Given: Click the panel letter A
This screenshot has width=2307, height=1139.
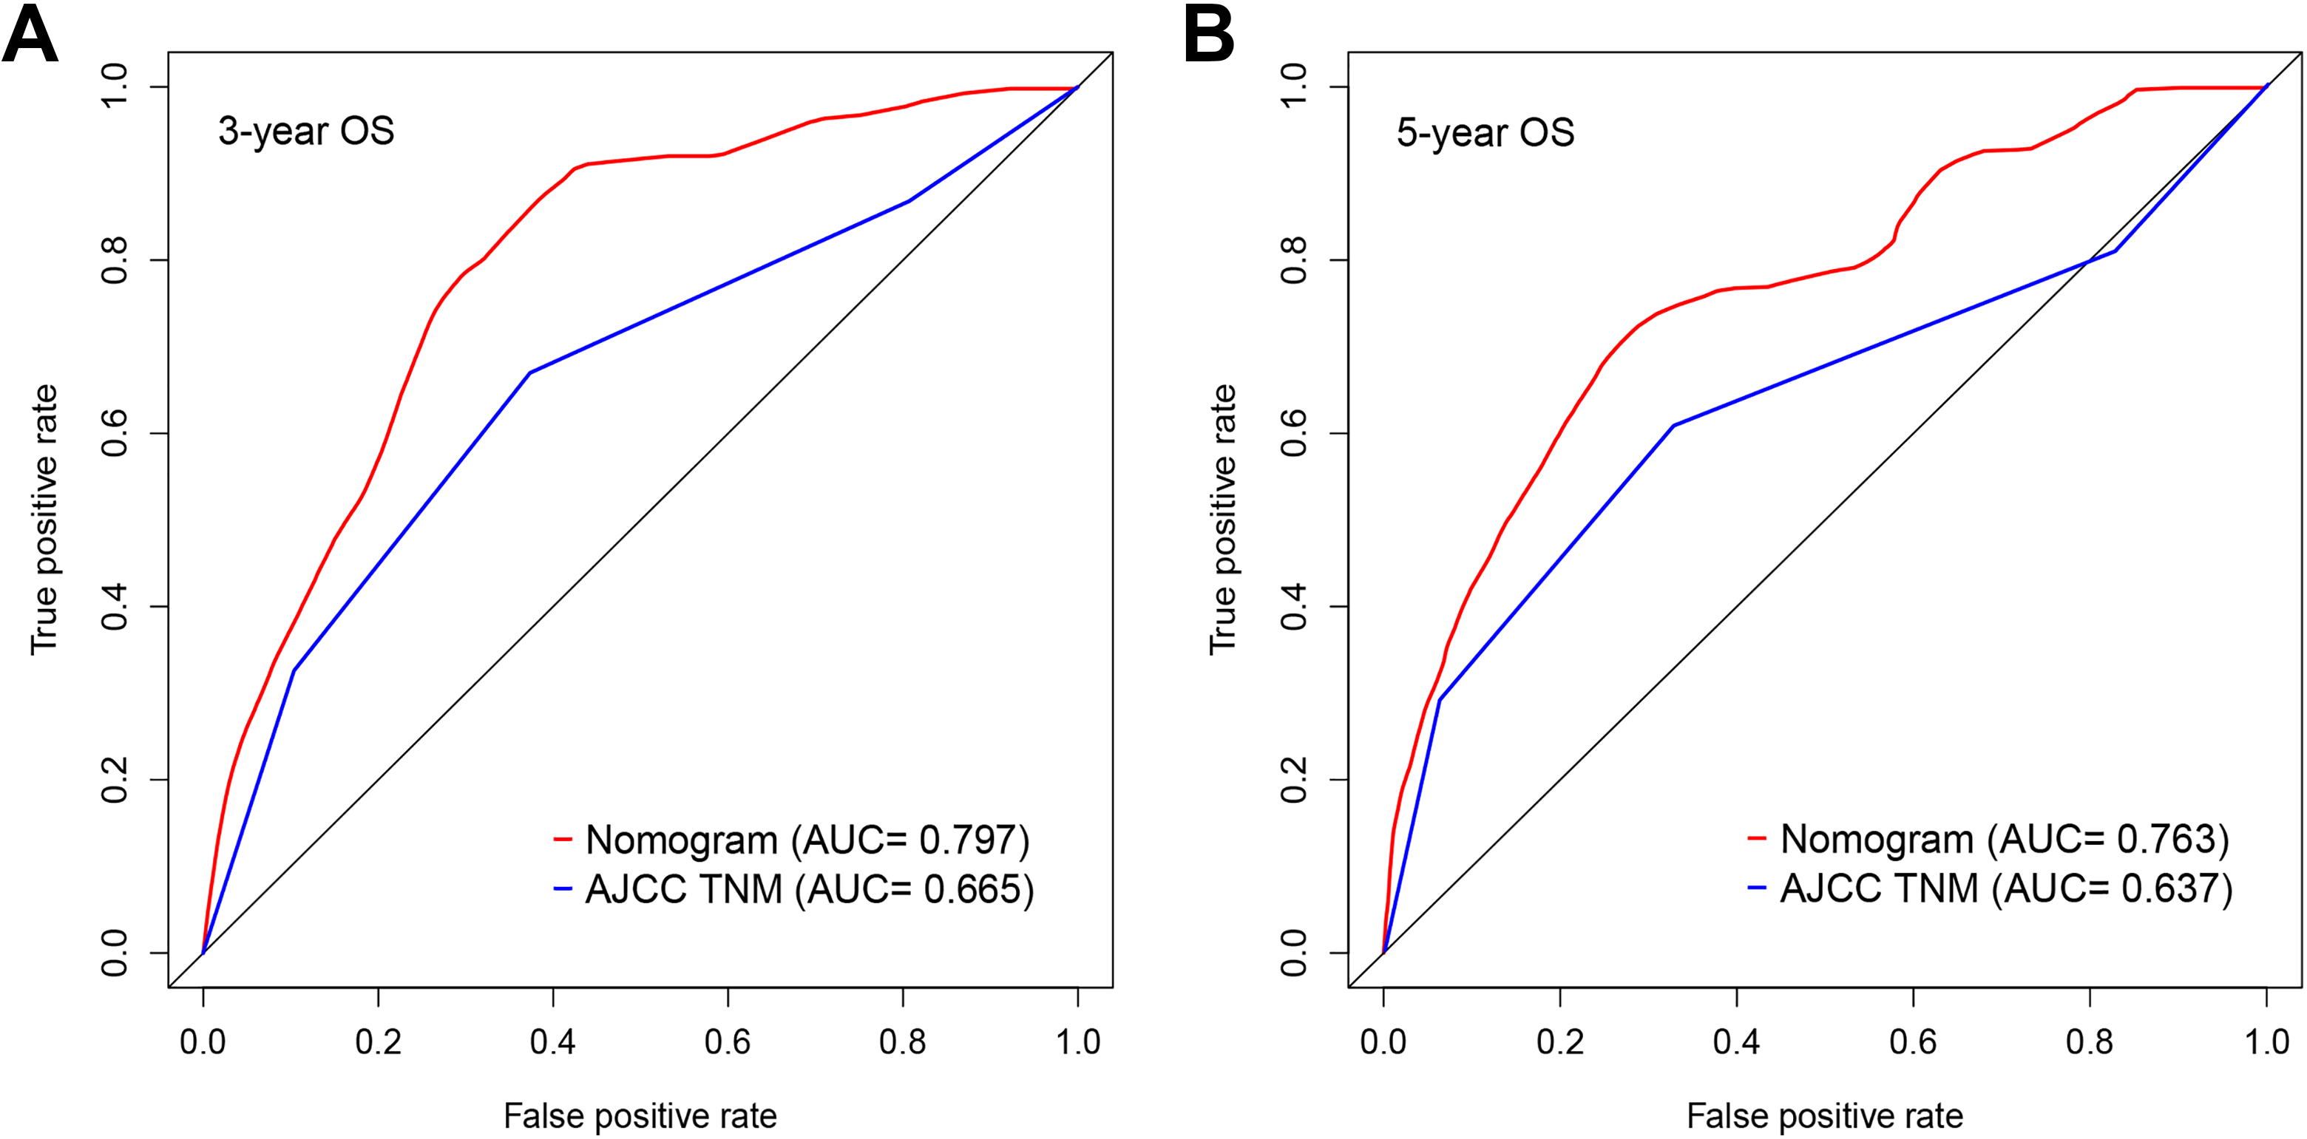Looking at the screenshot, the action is (30, 35).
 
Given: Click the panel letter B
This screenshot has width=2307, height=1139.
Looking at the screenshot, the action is (1208, 35).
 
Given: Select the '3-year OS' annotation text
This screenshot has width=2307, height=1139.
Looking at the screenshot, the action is (306, 132).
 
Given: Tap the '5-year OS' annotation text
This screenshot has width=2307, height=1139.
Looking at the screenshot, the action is (1485, 132).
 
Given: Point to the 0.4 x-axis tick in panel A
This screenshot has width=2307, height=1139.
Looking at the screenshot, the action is (552, 1041).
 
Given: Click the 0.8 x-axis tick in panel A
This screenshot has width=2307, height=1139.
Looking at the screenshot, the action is (903, 1041).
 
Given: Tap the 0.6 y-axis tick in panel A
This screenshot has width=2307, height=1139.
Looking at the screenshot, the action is (115, 433).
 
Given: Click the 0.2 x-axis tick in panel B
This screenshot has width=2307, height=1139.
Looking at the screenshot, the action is (1560, 1041).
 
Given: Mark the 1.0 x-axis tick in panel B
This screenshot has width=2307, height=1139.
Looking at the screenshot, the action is (2266, 1041).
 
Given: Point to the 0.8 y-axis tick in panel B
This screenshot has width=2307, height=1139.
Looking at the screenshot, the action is (1294, 259).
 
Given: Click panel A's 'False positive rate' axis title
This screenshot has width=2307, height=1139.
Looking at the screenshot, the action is (640, 1116).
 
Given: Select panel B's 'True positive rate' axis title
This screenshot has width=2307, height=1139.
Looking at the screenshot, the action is (1222, 520).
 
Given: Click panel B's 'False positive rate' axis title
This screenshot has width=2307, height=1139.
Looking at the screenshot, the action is (1824, 1116).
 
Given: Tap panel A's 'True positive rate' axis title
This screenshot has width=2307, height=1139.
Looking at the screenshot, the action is (44, 520).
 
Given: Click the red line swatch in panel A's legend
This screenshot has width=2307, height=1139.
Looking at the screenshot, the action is (563, 840).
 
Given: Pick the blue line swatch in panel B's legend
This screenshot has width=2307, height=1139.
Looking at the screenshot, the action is (1757, 888).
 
